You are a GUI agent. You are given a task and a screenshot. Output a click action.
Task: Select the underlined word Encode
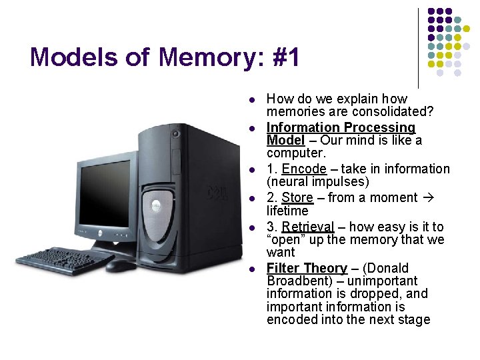click(304, 169)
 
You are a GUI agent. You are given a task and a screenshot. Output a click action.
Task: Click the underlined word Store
click(297, 197)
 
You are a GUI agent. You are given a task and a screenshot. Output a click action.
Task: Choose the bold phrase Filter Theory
click(307, 268)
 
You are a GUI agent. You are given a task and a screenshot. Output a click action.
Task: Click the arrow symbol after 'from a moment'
click(430, 197)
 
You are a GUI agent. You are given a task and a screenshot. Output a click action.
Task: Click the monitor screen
click(106, 193)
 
